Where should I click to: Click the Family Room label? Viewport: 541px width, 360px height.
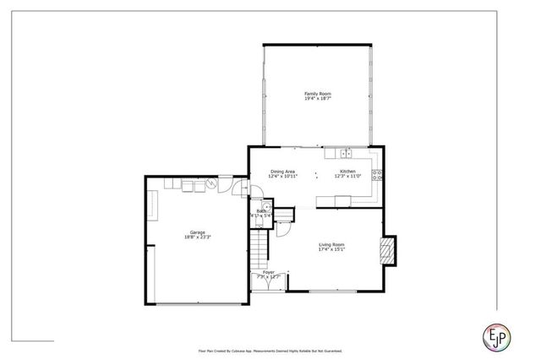(317, 93)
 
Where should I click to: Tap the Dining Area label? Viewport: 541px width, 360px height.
(283, 172)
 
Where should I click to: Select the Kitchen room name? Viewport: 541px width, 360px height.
(347, 172)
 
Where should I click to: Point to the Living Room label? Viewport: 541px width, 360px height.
(331, 244)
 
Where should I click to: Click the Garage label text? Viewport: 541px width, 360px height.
(197, 232)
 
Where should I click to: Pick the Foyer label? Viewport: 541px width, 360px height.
(268, 272)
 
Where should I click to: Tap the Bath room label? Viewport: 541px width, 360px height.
(261, 211)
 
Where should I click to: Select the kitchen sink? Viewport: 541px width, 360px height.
(345, 153)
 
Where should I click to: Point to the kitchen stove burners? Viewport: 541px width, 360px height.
(378, 176)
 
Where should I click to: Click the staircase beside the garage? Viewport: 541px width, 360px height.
(257, 249)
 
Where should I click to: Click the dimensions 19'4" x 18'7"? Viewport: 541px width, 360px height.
(317, 99)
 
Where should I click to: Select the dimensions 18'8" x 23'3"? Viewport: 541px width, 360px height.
(197, 237)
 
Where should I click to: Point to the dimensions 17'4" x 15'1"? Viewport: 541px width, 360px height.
(331, 249)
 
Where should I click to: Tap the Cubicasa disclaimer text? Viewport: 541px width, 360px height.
(270, 349)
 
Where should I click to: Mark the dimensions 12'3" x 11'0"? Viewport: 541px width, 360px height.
(347, 177)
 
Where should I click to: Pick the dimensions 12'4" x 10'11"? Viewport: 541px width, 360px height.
(283, 177)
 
